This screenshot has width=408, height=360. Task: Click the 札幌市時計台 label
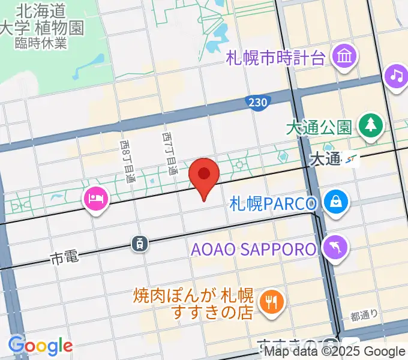click(x=275, y=59)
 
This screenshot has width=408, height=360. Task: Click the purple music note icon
click(x=395, y=76)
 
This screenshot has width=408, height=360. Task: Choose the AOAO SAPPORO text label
click(x=253, y=248)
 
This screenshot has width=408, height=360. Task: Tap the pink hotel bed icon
click(x=96, y=199)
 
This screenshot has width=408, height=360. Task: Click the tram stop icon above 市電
click(x=139, y=243)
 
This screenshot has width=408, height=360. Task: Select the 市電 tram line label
click(x=65, y=258)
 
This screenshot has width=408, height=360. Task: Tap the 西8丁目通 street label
click(x=127, y=161)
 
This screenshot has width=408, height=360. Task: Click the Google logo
click(x=40, y=345)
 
